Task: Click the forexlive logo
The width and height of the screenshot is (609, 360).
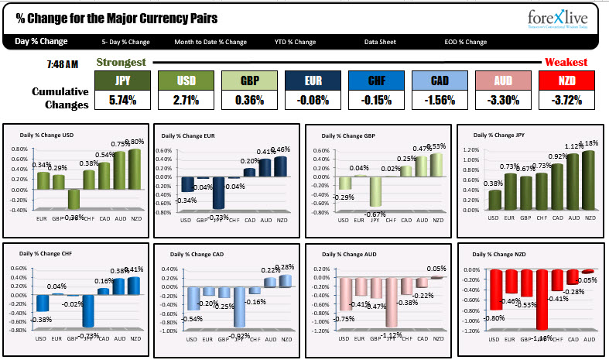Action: (558, 19)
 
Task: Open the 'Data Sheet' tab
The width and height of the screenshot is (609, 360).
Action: (381, 42)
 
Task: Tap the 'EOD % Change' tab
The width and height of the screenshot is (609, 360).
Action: (465, 42)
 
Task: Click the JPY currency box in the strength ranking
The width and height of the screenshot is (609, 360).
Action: (122, 81)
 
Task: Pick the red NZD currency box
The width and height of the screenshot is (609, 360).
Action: (566, 81)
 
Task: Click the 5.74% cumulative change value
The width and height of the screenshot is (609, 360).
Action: (122, 99)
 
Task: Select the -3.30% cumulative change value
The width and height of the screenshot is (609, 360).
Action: (503, 99)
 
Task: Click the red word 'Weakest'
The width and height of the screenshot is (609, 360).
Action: (566, 62)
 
